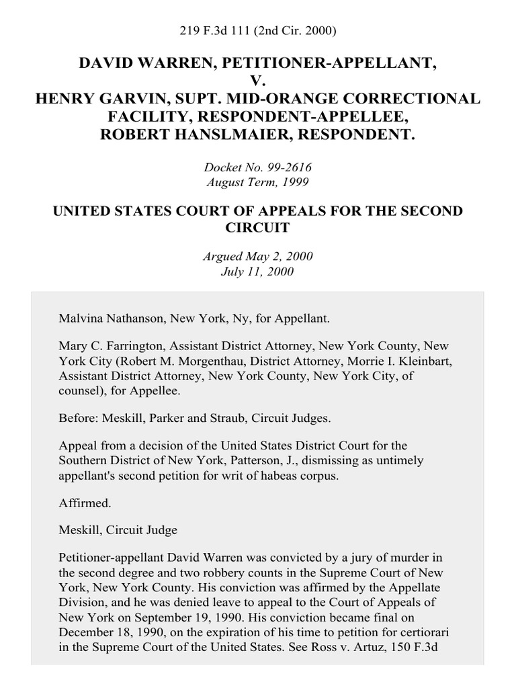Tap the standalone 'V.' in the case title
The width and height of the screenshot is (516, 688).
coord(257,81)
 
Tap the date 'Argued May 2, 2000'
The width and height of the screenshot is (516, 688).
coord(257,257)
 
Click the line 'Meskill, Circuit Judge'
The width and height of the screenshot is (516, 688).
coord(118,529)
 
